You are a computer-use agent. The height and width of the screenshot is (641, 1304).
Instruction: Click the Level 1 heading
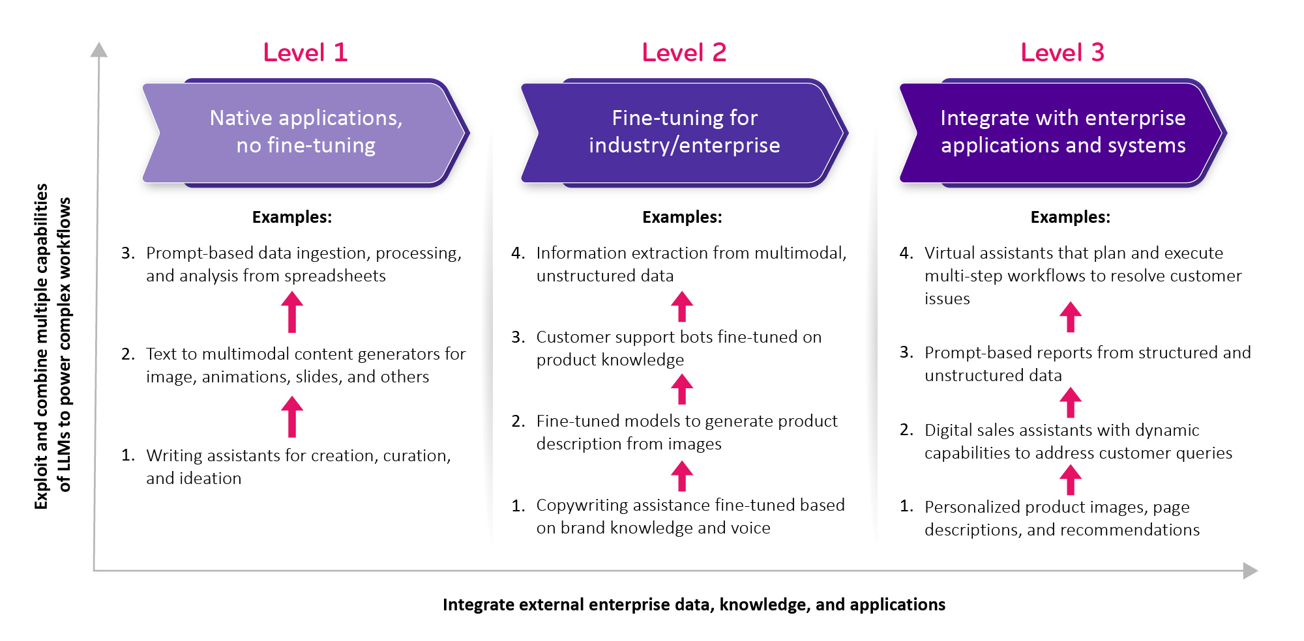click(305, 52)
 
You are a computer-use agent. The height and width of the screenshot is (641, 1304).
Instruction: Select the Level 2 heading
click(684, 52)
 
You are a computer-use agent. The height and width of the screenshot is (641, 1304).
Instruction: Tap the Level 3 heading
click(1063, 52)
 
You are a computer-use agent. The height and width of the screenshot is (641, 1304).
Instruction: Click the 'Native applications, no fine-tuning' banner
click(305, 132)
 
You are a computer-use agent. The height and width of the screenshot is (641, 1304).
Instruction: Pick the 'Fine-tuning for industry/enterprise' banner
click(684, 132)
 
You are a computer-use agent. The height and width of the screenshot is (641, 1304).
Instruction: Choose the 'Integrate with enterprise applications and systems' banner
click(1063, 132)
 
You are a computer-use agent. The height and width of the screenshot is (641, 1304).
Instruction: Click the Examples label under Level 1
click(292, 217)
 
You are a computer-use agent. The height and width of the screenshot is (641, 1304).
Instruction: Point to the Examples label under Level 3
click(1070, 217)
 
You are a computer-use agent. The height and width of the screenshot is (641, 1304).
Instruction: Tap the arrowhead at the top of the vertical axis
click(98, 50)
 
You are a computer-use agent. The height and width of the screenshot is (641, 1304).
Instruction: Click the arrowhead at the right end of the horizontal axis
click(1250, 571)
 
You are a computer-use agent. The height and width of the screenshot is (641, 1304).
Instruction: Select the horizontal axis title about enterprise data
click(694, 605)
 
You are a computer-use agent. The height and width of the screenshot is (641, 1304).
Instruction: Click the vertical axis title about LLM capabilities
click(52, 346)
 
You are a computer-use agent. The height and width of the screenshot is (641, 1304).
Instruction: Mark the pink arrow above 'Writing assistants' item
click(292, 417)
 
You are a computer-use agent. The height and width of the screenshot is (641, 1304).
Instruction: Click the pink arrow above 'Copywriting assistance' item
click(682, 476)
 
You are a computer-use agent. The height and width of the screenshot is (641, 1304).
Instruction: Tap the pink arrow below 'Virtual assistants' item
click(1070, 317)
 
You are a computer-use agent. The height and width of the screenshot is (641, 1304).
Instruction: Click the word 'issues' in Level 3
click(947, 298)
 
